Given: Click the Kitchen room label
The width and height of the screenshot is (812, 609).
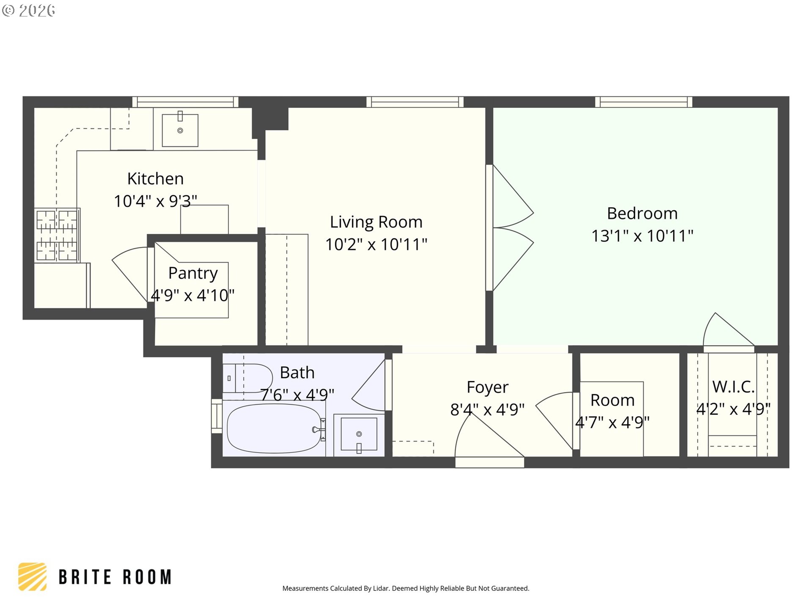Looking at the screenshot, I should point(155,179).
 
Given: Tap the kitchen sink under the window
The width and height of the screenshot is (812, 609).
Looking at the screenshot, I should point(180,129).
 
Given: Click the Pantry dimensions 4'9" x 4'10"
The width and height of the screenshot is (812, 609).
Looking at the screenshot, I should point(192,295).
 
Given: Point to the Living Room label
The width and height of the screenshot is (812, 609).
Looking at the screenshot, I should point(376,222).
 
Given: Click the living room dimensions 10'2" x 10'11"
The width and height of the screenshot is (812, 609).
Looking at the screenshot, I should point(376,244).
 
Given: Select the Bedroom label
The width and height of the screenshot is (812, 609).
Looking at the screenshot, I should point(642,214).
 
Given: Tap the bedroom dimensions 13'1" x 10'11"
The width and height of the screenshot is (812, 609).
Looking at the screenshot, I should point(642,236).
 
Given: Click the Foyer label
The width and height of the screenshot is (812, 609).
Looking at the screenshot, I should point(487,387).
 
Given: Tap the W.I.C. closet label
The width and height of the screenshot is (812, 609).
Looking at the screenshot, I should point(733,387).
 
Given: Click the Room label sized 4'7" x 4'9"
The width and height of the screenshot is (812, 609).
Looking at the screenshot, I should point(612,401).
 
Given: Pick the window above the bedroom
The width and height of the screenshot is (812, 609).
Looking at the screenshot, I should point(643,102).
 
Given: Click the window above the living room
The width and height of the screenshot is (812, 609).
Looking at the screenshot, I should point(414,102).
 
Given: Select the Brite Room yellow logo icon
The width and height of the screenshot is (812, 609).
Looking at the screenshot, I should point(33,576).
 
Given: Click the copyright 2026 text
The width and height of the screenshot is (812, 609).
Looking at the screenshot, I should point(29,10).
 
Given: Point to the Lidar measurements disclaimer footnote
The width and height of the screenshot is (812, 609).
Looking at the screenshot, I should point(406,588).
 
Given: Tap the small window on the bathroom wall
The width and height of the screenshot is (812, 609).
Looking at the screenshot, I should point(217,416).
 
